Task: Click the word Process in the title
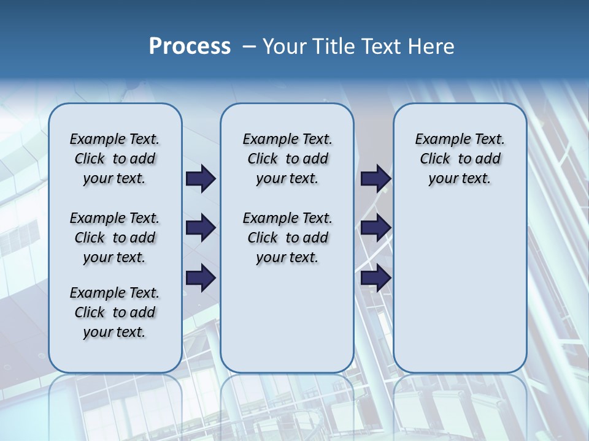coord(190,47)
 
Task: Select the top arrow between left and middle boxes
coord(201,179)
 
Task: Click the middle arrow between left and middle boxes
coord(201,228)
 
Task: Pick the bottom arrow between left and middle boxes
coord(201,278)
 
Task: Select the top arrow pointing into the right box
coord(375,179)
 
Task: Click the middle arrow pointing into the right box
coord(375,228)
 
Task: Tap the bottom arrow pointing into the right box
coord(375,278)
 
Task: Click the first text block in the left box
coord(115,159)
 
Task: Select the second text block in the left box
coord(115,238)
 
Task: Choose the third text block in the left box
coord(115,312)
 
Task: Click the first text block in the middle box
coord(287,159)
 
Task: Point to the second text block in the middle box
coord(287,238)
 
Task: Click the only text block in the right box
coord(460,159)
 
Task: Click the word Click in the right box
coord(434,159)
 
